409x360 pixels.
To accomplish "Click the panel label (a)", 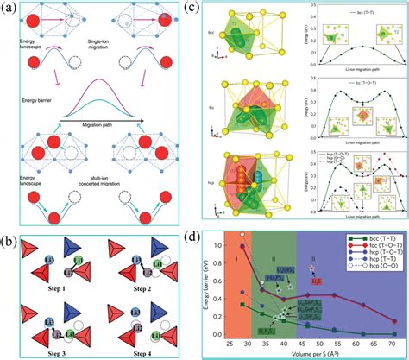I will tap(11, 11).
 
